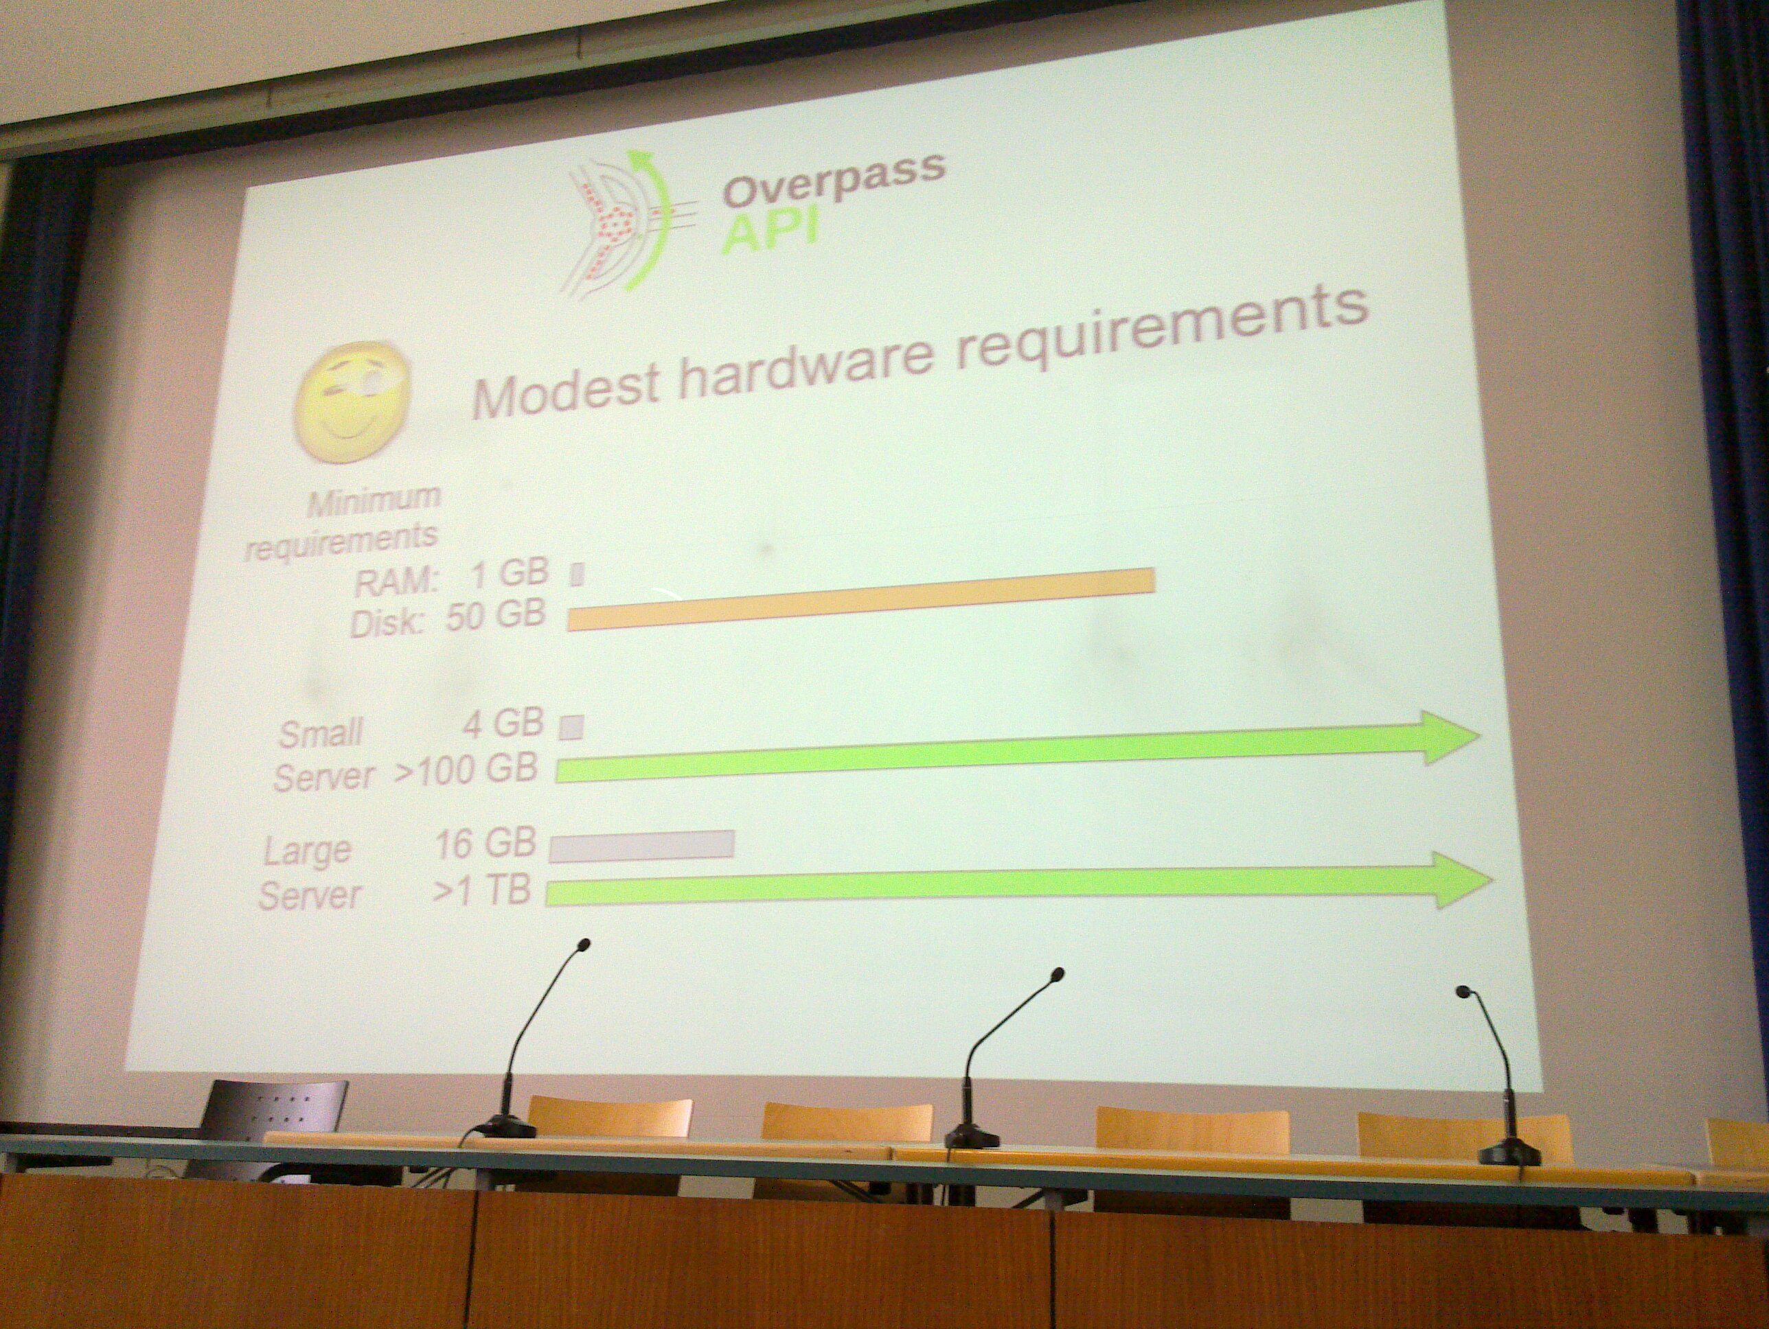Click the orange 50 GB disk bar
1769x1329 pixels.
861,598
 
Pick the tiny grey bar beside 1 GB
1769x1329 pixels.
578,575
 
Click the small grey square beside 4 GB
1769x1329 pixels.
571,728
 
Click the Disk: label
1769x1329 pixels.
387,621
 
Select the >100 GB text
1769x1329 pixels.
466,771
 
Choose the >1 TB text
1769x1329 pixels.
481,888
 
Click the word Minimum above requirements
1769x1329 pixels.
374,498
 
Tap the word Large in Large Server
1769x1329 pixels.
307,851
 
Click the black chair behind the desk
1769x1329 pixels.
268,1126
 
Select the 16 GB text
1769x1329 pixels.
486,844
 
